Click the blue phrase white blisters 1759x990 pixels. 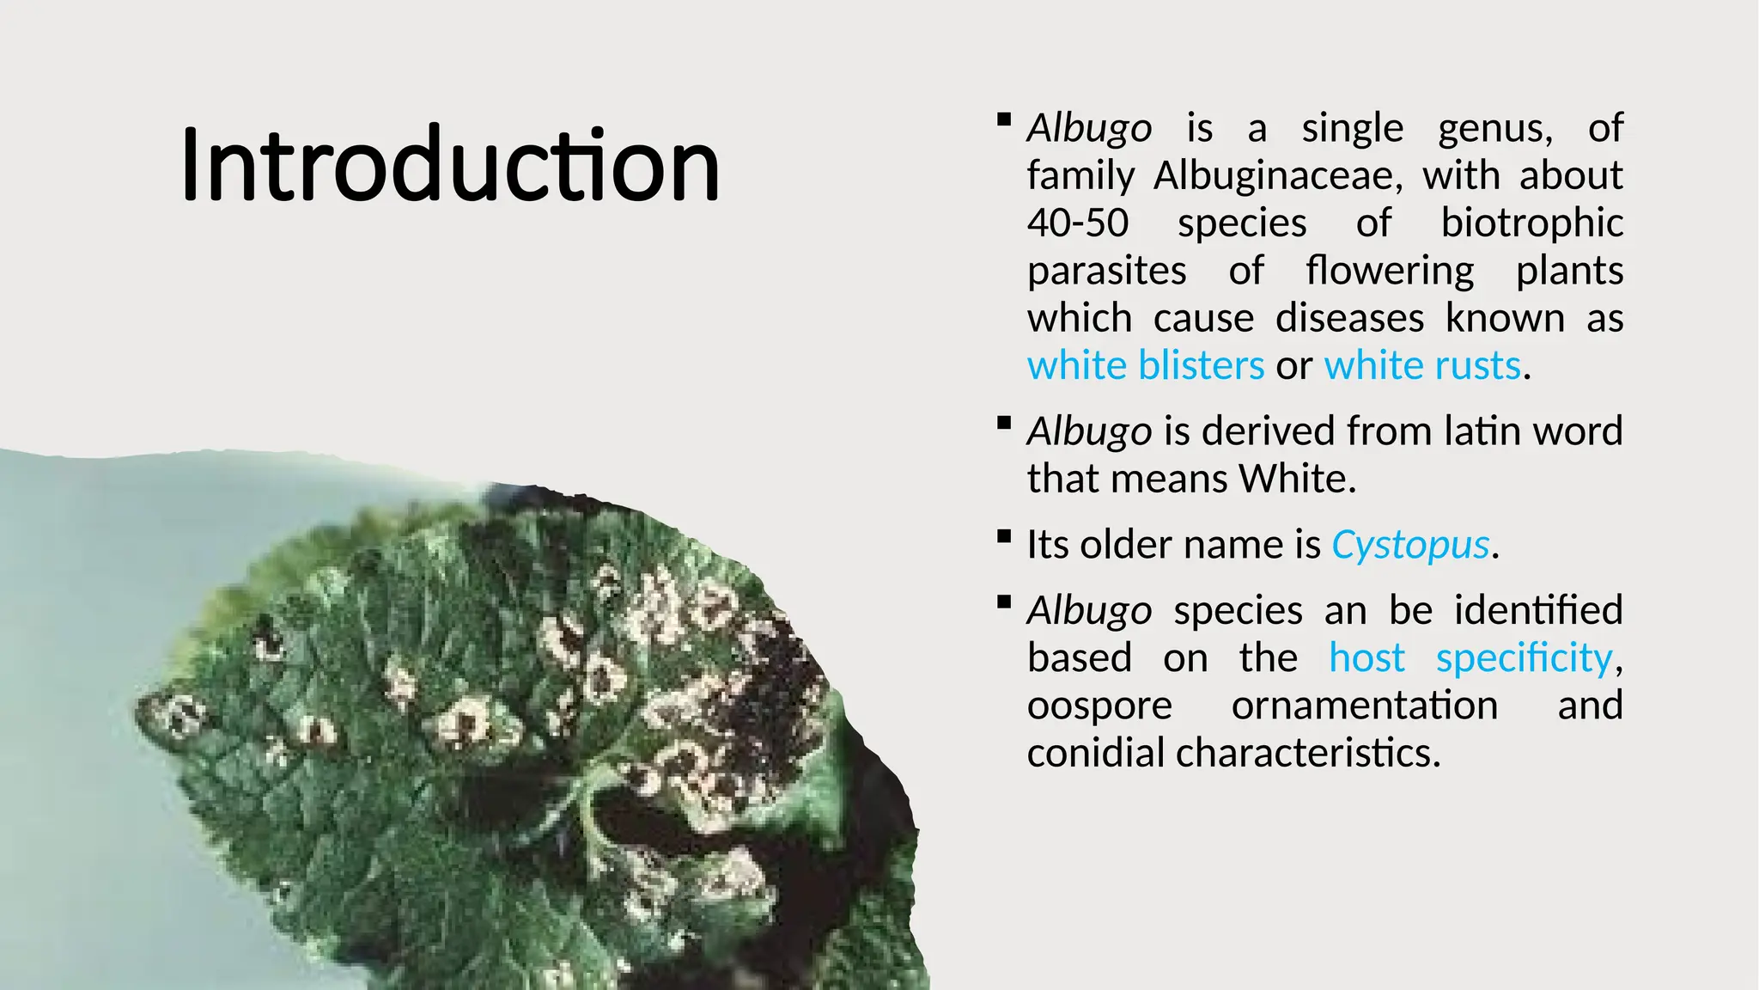(1145, 366)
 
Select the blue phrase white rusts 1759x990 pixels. (1422, 366)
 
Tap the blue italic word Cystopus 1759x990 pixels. (1409, 545)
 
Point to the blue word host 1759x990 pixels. (1366, 658)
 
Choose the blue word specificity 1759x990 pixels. (1525, 658)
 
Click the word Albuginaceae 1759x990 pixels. (1277, 176)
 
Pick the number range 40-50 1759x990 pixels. (1078, 223)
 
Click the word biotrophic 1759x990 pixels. (1531, 223)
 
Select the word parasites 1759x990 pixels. (1107, 272)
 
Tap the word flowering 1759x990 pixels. (1390, 272)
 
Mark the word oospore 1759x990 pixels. (1099, 706)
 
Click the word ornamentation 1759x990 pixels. (1364, 706)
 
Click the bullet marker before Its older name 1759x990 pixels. (1003, 537)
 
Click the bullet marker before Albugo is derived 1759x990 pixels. (1003, 423)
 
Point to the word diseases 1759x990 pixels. (1349, 319)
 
